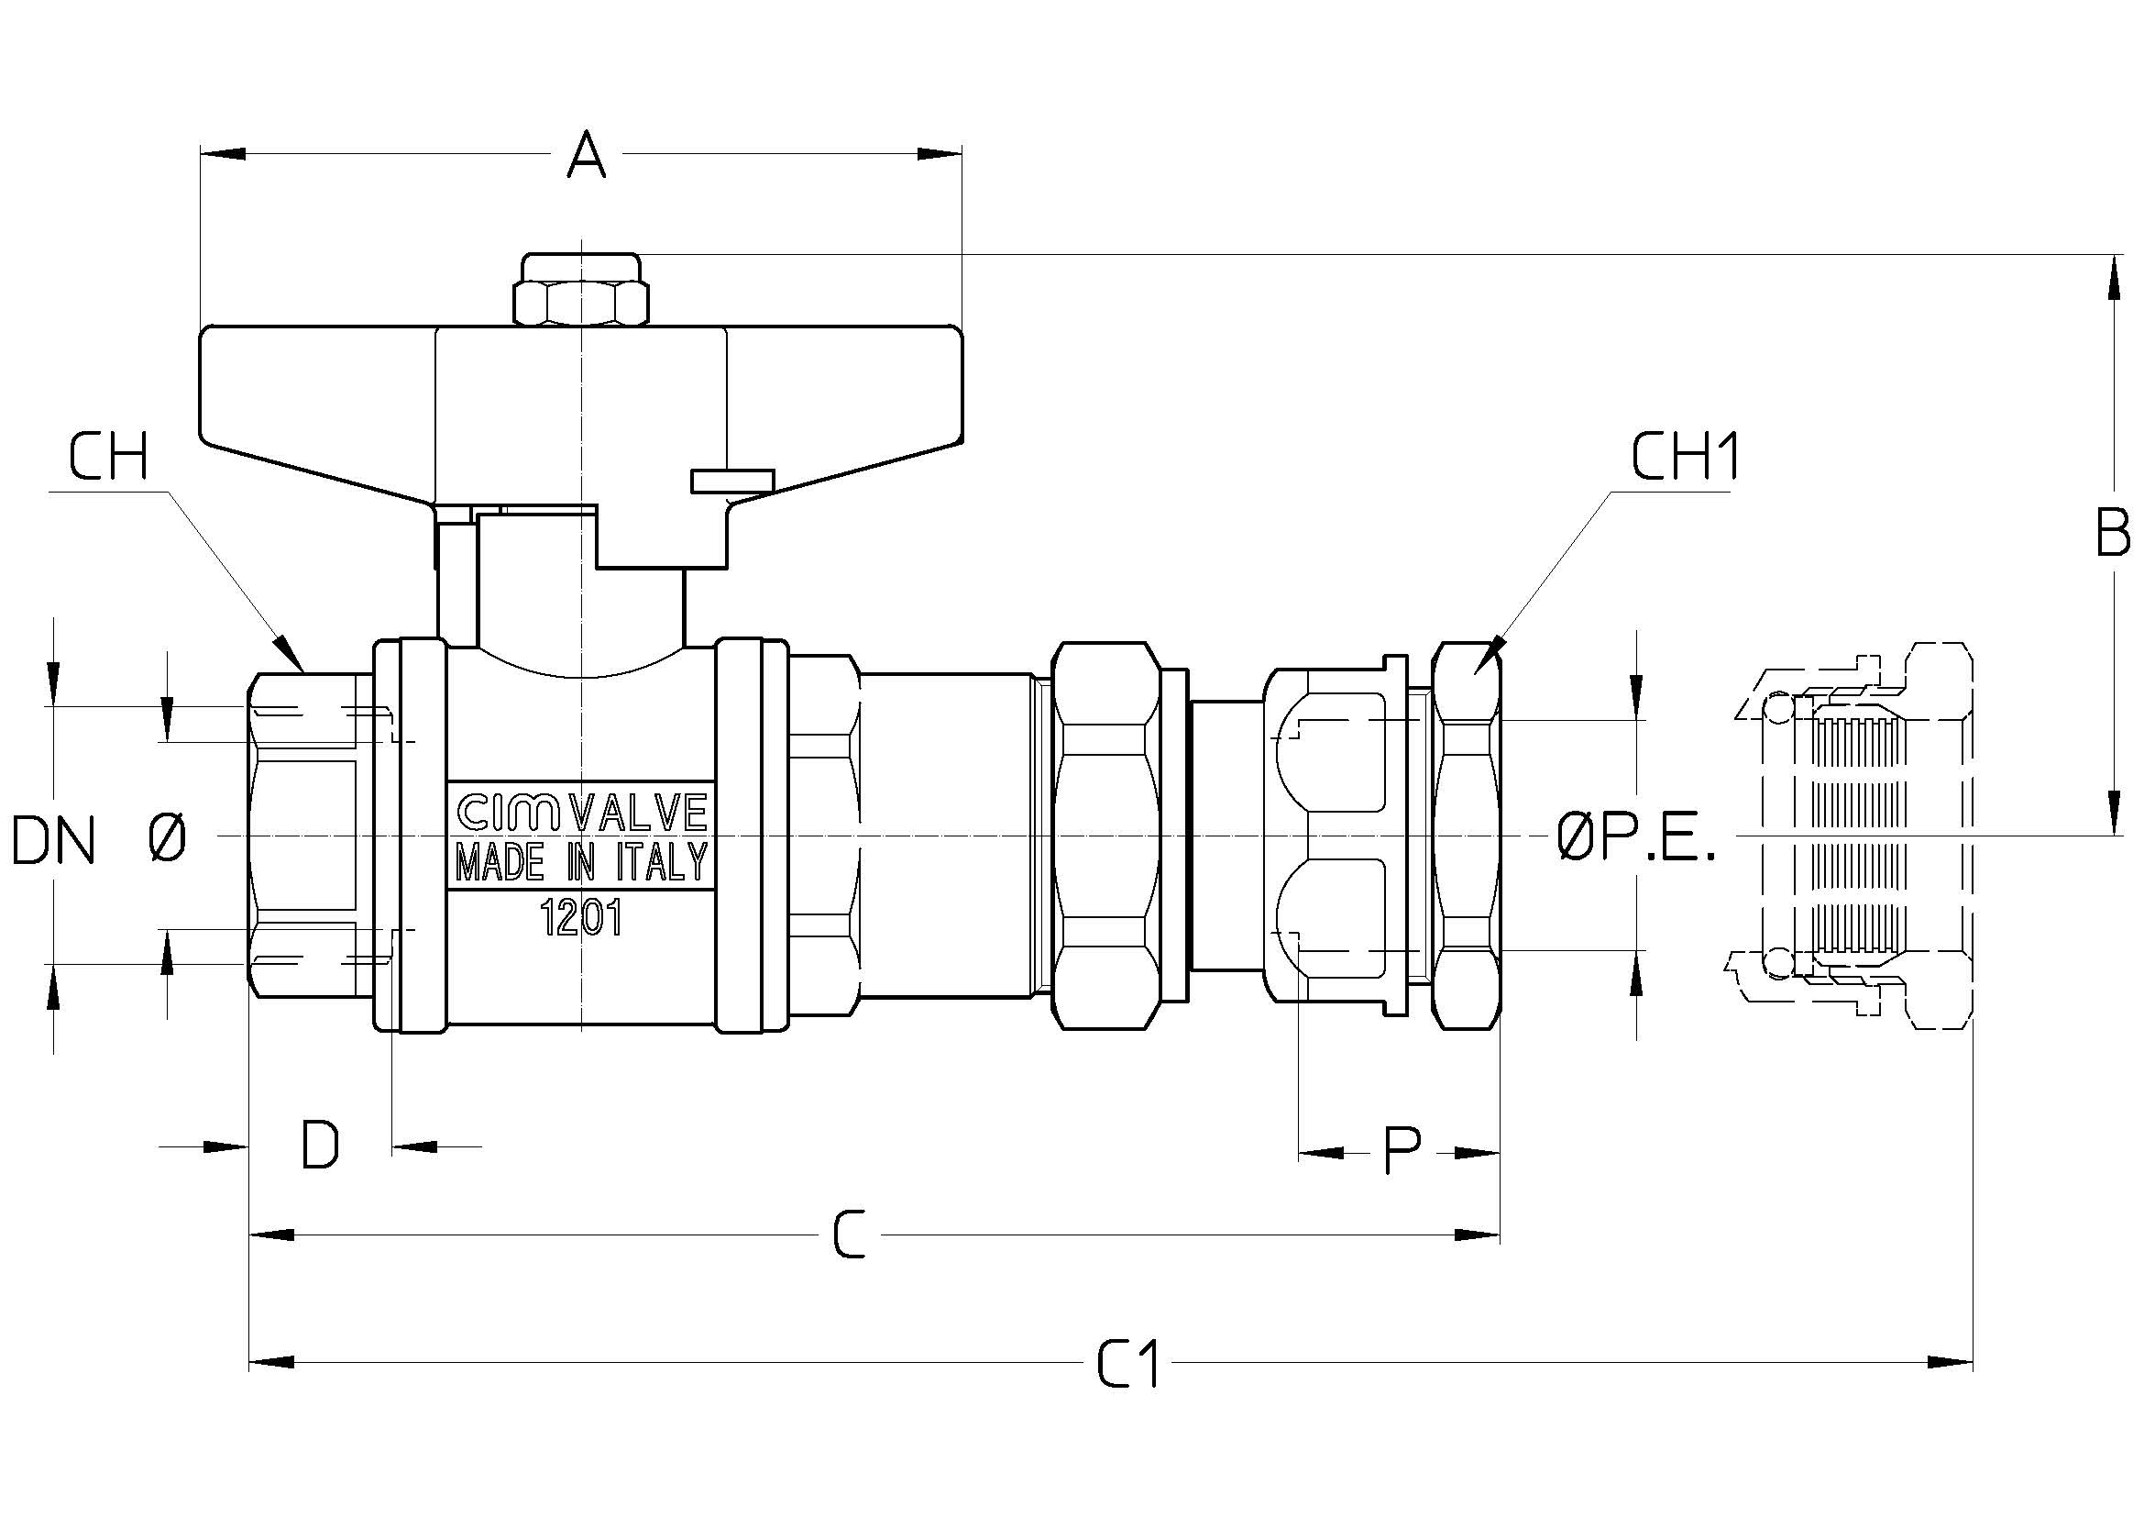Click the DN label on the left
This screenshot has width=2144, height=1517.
pyautogui.click(x=53, y=840)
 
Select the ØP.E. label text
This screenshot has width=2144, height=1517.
pyautogui.click(x=1637, y=837)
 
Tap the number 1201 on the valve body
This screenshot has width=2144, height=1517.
pyautogui.click(x=582, y=921)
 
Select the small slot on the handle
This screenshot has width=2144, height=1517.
pyautogui.click(x=732, y=480)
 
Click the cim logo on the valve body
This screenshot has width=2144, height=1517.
pyautogui.click(x=508, y=812)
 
